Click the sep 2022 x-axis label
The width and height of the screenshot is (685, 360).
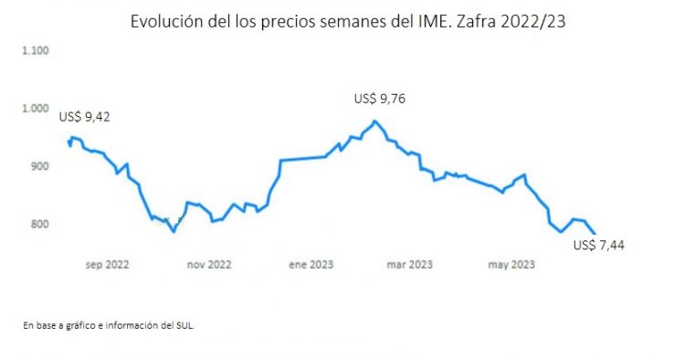pos(107,265)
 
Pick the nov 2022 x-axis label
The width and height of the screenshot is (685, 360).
pos(208,265)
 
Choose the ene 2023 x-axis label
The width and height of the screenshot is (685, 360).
pos(310,265)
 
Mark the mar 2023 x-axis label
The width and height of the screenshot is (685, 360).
pos(410,265)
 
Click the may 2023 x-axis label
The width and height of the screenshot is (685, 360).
pos(511,265)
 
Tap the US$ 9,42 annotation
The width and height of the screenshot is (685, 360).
pos(90,116)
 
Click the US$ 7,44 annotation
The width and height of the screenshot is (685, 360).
pos(597,245)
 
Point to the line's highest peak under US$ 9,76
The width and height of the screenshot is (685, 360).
pos(374,122)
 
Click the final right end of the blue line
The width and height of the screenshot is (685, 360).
pos(595,233)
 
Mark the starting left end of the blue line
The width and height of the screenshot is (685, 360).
pos(69,140)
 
